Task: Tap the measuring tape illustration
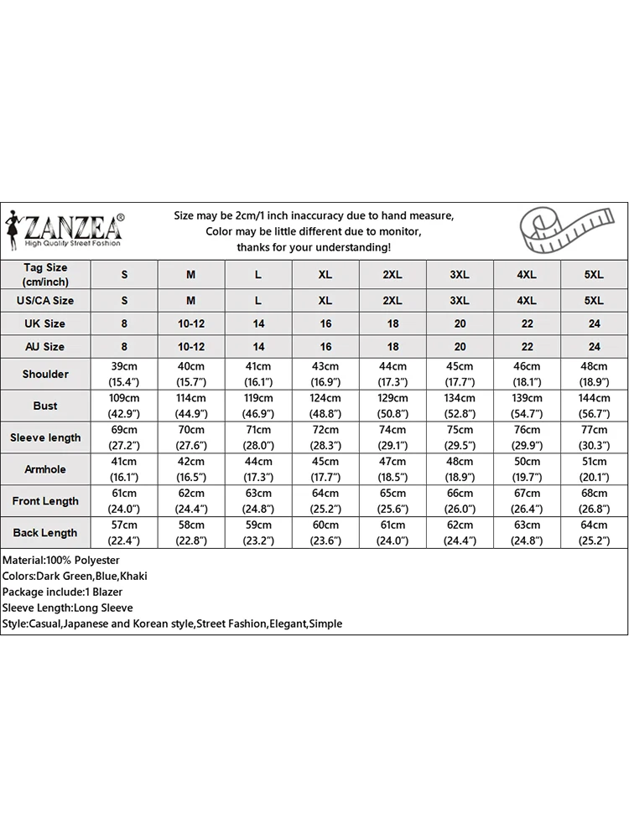click(x=564, y=231)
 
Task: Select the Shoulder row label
click(x=45, y=374)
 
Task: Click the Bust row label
click(x=45, y=406)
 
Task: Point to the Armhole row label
click(x=45, y=469)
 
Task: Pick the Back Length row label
click(x=45, y=533)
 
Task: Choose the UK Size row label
click(x=45, y=323)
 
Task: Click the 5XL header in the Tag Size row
click(x=594, y=274)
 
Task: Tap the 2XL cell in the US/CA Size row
click(x=392, y=300)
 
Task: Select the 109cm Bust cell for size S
click(x=124, y=406)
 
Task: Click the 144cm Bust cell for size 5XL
click(x=594, y=406)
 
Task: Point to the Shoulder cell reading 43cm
click(x=325, y=374)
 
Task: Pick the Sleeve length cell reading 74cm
click(x=392, y=437)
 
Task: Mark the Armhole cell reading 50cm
click(x=527, y=469)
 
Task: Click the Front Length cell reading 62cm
click(x=191, y=501)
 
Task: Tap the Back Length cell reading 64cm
click(x=594, y=533)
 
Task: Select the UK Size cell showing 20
click(x=460, y=323)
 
